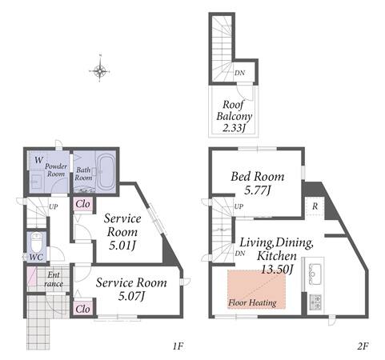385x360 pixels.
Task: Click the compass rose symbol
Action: coord(99,71)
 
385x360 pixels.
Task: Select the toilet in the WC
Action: coord(36,241)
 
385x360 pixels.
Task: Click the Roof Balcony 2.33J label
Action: coord(234,116)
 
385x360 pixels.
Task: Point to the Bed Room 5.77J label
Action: coord(258,183)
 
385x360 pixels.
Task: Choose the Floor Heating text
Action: coord(252,302)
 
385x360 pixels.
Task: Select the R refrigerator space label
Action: coord(315,206)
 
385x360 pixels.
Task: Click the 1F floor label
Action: coord(178,346)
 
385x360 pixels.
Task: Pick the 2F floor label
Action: coord(363,346)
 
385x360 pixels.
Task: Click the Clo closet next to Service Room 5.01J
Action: coord(83,204)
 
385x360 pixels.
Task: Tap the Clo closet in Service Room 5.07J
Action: coord(83,309)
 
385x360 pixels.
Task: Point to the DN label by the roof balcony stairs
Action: coord(239,73)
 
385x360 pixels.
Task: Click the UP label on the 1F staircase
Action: coord(53,206)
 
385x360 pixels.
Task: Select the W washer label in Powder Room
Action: coord(38,160)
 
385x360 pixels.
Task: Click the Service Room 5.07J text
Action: coord(131,289)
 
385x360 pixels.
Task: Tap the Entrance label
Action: coord(54,279)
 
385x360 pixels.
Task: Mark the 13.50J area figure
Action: coord(277,269)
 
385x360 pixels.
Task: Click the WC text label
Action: coord(36,257)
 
